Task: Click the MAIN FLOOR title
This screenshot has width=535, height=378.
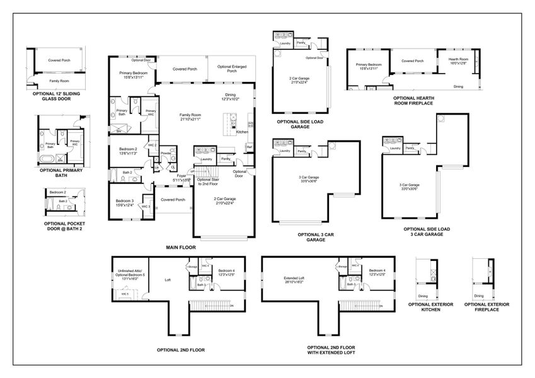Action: click(x=181, y=248)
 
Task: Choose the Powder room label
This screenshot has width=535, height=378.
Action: click(x=166, y=152)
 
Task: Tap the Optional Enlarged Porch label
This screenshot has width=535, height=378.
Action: click(x=232, y=69)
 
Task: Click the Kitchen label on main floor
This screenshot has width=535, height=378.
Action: click(x=242, y=132)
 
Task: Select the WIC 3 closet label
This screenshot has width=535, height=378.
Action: click(x=146, y=206)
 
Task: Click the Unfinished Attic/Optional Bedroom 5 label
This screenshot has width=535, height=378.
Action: click(x=131, y=274)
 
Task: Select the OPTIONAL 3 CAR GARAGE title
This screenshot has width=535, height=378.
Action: click(x=315, y=236)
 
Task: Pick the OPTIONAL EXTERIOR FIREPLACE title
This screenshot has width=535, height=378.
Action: click(x=486, y=307)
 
